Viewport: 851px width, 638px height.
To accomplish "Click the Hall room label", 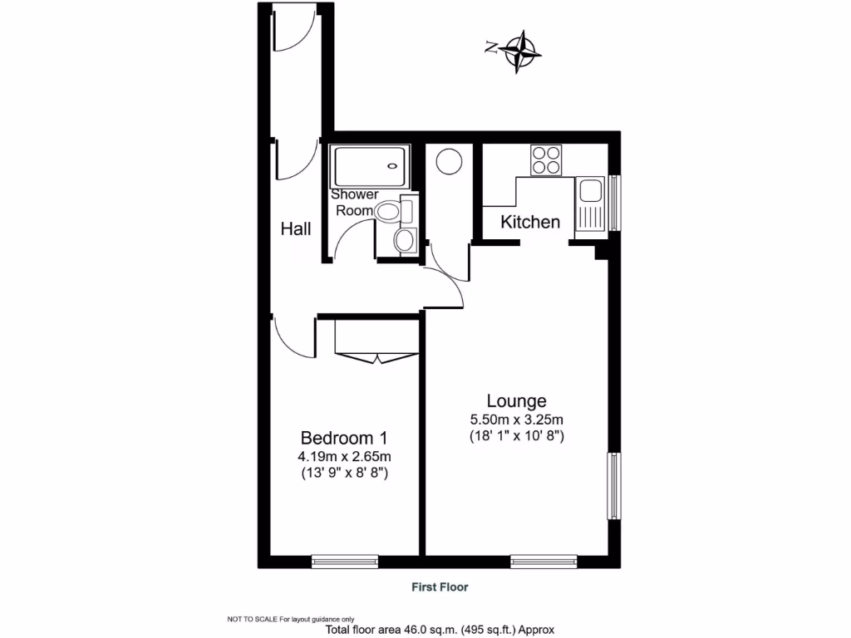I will tap(296, 228).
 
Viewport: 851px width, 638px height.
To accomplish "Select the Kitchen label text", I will tap(530, 222).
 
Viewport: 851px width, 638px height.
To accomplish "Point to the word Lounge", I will tap(516, 400).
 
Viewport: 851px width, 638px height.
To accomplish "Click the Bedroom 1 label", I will tap(344, 438).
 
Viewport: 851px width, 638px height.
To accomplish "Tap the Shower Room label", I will tap(355, 203).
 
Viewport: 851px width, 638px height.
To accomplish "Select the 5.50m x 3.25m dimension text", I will tap(516, 420).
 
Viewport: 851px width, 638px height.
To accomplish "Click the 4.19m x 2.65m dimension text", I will tap(345, 456).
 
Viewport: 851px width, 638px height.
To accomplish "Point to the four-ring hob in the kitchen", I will tap(545, 159).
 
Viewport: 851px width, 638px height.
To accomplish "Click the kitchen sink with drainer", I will tap(591, 204).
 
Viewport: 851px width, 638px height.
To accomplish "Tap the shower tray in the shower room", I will tap(370, 166).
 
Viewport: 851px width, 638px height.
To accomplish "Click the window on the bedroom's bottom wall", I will tap(345, 562).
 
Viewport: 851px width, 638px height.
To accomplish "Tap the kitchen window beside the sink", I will tap(615, 203).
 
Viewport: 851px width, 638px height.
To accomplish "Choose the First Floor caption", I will tap(440, 587).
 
